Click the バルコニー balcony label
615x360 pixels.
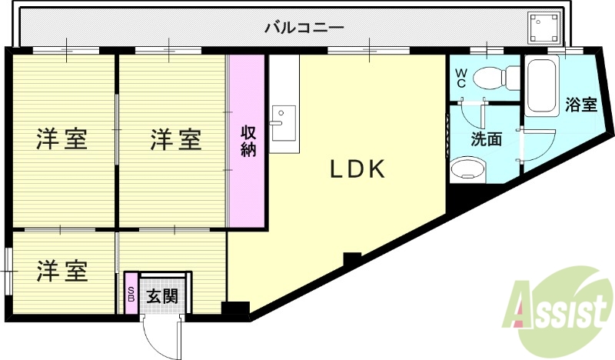click(x=304, y=29)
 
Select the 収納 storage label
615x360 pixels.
click(x=248, y=140)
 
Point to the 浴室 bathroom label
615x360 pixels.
click(x=581, y=105)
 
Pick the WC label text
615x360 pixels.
click(x=460, y=78)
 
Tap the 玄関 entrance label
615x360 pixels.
click(x=163, y=295)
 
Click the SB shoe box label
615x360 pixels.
click(x=131, y=294)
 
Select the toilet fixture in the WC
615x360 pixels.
click(x=492, y=78)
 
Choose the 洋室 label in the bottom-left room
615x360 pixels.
click(x=62, y=271)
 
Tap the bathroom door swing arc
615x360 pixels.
click(x=543, y=146)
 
